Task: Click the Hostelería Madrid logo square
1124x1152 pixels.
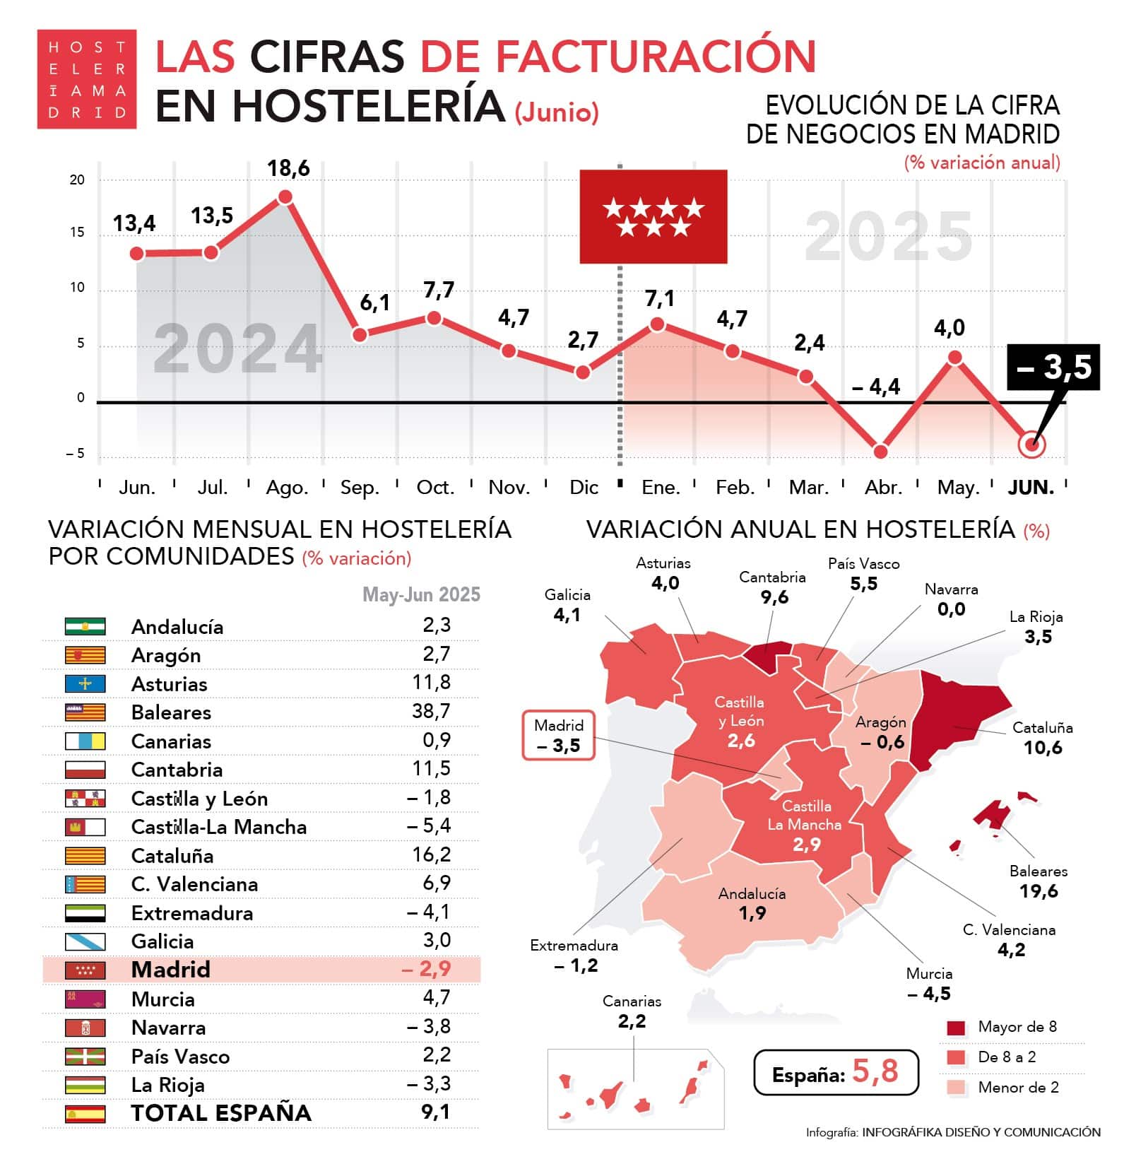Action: [86, 79]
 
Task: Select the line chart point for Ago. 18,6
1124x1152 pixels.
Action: [285, 196]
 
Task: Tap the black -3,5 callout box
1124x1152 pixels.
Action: [1053, 367]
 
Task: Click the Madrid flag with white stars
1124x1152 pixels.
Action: [653, 216]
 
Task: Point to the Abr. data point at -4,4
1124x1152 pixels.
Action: [880, 452]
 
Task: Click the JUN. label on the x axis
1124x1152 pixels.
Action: [1031, 488]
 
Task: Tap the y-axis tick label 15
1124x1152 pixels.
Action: [77, 233]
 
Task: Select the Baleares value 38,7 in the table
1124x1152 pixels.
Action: [431, 711]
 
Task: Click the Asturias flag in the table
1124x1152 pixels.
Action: [85, 683]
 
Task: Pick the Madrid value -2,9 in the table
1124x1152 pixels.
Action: [426, 969]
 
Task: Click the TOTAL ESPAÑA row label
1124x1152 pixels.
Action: [221, 1113]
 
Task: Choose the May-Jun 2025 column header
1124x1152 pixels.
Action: [421, 594]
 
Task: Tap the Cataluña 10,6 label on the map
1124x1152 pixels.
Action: [1042, 738]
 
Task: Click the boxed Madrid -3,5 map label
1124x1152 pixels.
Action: [558, 736]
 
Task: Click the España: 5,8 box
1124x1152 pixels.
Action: [836, 1072]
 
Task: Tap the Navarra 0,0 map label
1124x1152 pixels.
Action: [951, 599]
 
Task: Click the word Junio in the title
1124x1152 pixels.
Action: [557, 112]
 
